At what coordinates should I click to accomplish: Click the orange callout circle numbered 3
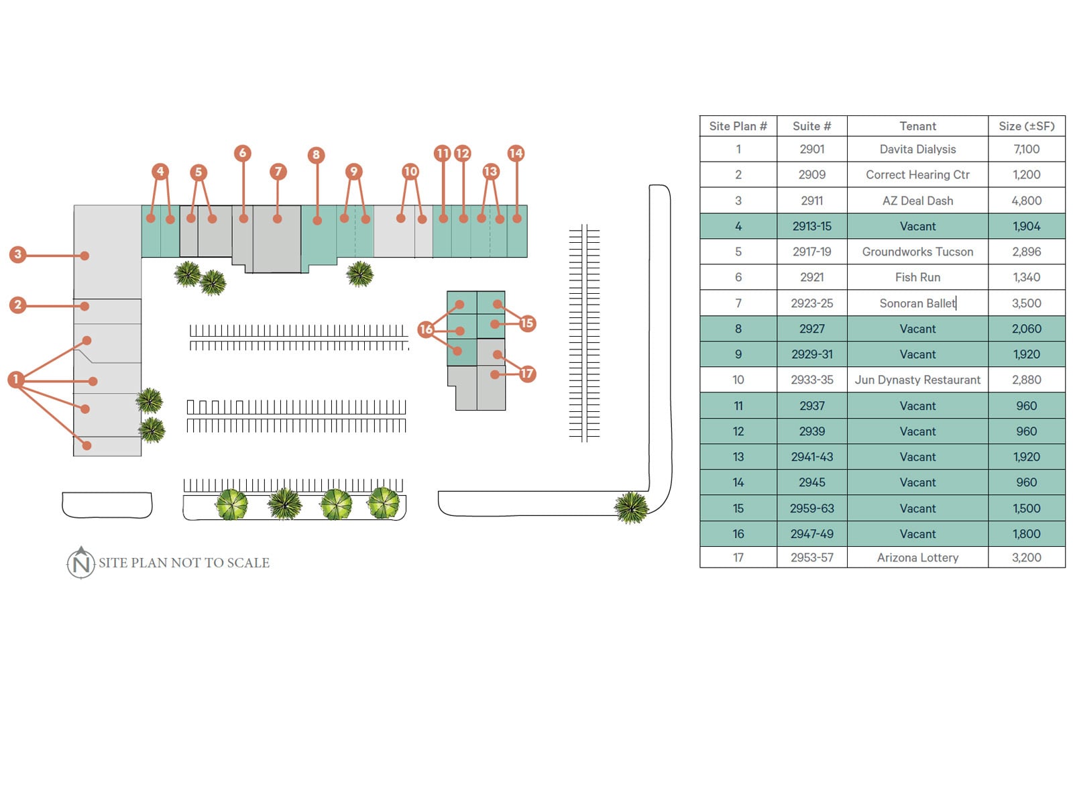tap(18, 254)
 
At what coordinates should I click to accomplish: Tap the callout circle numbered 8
tap(317, 155)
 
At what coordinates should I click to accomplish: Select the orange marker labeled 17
tap(527, 374)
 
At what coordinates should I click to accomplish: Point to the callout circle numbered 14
tap(516, 153)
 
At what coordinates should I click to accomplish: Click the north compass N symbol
tap(81, 563)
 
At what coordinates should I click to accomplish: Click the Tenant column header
tap(917, 126)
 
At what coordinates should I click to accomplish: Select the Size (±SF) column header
tap(1026, 126)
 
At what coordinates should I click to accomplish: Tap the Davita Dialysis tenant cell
tap(917, 149)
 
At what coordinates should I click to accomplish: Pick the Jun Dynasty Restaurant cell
tap(917, 380)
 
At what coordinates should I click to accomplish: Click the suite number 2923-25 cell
tap(811, 303)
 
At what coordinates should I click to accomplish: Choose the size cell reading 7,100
tap(1026, 149)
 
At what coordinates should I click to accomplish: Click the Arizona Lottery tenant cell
tap(917, 557)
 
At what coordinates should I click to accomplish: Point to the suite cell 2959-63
tap(811, 508)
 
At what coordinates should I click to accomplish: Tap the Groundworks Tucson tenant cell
tap(917, 252)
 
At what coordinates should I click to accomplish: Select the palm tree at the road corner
tap(631, 507)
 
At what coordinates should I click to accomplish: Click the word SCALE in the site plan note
tap(248, 563)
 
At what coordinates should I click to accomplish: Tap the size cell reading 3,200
tap(1026, 557)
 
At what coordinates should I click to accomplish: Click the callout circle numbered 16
tap(426, 329)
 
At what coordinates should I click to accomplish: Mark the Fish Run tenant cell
tap(917, 277)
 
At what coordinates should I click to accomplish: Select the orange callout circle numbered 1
tap(16, 379)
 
